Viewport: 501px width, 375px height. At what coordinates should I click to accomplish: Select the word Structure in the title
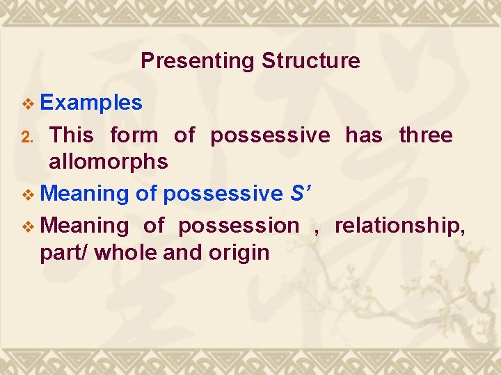coord(311,61)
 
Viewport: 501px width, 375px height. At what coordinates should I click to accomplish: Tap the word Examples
coord(91,103)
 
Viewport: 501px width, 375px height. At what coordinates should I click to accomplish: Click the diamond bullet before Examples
coord(28,104)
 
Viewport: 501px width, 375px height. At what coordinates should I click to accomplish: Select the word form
coord(134,135)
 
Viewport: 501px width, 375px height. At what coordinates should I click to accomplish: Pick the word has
coord(364,135)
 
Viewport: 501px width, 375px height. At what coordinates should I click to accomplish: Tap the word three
coord(426,135)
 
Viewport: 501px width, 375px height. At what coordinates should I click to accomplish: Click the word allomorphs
coord(108,162)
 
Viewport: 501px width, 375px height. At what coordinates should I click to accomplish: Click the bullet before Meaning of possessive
coord(28,195)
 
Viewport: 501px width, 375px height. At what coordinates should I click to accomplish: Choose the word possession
coord(238,226)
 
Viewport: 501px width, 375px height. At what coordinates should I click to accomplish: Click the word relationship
coord(400,226)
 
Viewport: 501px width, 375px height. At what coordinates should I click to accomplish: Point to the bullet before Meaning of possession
coord(28,226)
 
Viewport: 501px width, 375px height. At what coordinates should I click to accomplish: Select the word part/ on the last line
coord(64,252)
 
